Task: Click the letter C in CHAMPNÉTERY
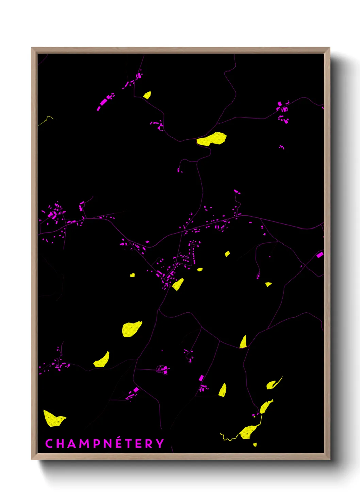coord(49,443)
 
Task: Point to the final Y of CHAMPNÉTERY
coord(160,443)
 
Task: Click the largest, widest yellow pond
coord(212,139)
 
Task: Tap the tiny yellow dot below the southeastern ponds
coord(255,444)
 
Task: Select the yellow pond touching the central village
coord(178,284)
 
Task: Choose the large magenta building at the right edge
coord(320,255)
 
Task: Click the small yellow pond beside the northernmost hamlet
coord(147,95)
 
